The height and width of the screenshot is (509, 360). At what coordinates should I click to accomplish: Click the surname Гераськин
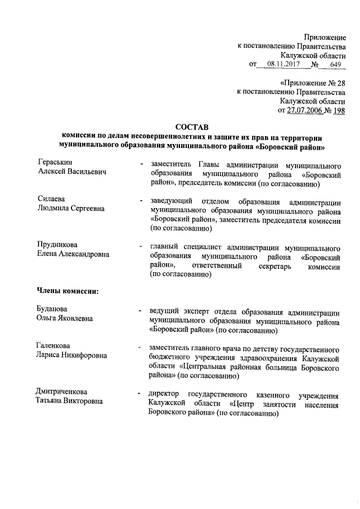tap(55, 163)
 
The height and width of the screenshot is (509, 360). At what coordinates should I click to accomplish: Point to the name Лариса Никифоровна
tap(71, 355)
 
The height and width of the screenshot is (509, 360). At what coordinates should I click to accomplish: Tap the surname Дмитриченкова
tap(62, 391)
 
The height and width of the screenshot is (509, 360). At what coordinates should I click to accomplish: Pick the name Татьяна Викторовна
tap(70, 400)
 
